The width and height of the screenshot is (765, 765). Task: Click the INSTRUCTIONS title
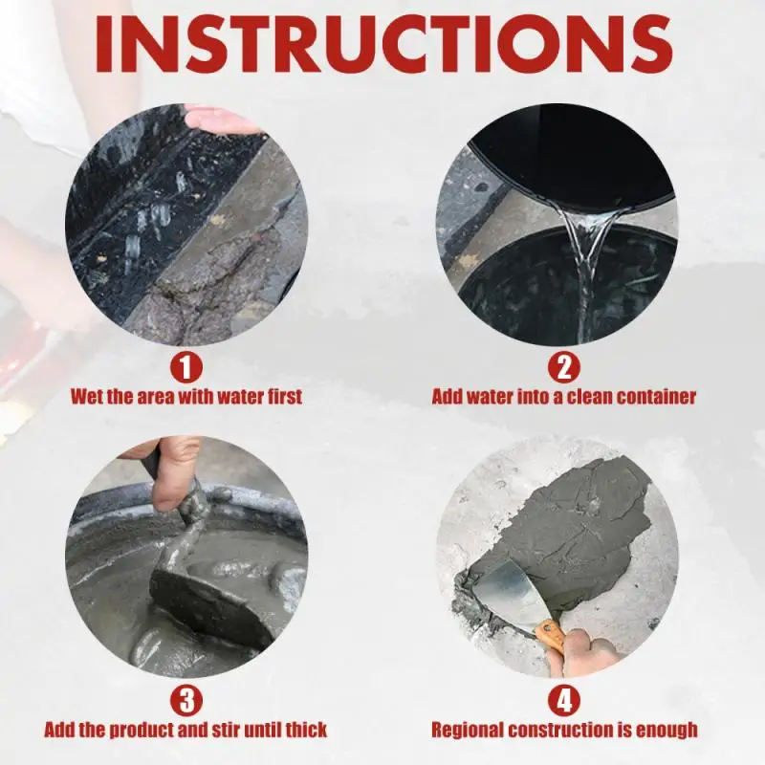pyautogui.click(x=383, y=44)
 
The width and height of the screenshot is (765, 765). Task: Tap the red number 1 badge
pyautogui.click(x=186, y=368)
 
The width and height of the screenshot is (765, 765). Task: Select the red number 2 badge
pyautogui.click(x=564, y=368)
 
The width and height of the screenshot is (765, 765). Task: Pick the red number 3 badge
pyautogui.click(x=186, y=702)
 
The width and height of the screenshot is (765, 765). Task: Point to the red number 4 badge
pyautogui.click(x=564, y=702)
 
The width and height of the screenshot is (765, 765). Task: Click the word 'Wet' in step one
pyautogui.click(x=87, y=397)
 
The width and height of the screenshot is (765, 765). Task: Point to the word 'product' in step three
pyautogui.click(x=137, y=731)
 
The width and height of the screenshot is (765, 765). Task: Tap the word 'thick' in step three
pyautogui.click(x=306, y=730)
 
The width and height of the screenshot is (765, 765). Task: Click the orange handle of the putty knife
pyautogui.click(x=552, y=635)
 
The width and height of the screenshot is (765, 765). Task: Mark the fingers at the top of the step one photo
pyautogui.click(x=221, y=120)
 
